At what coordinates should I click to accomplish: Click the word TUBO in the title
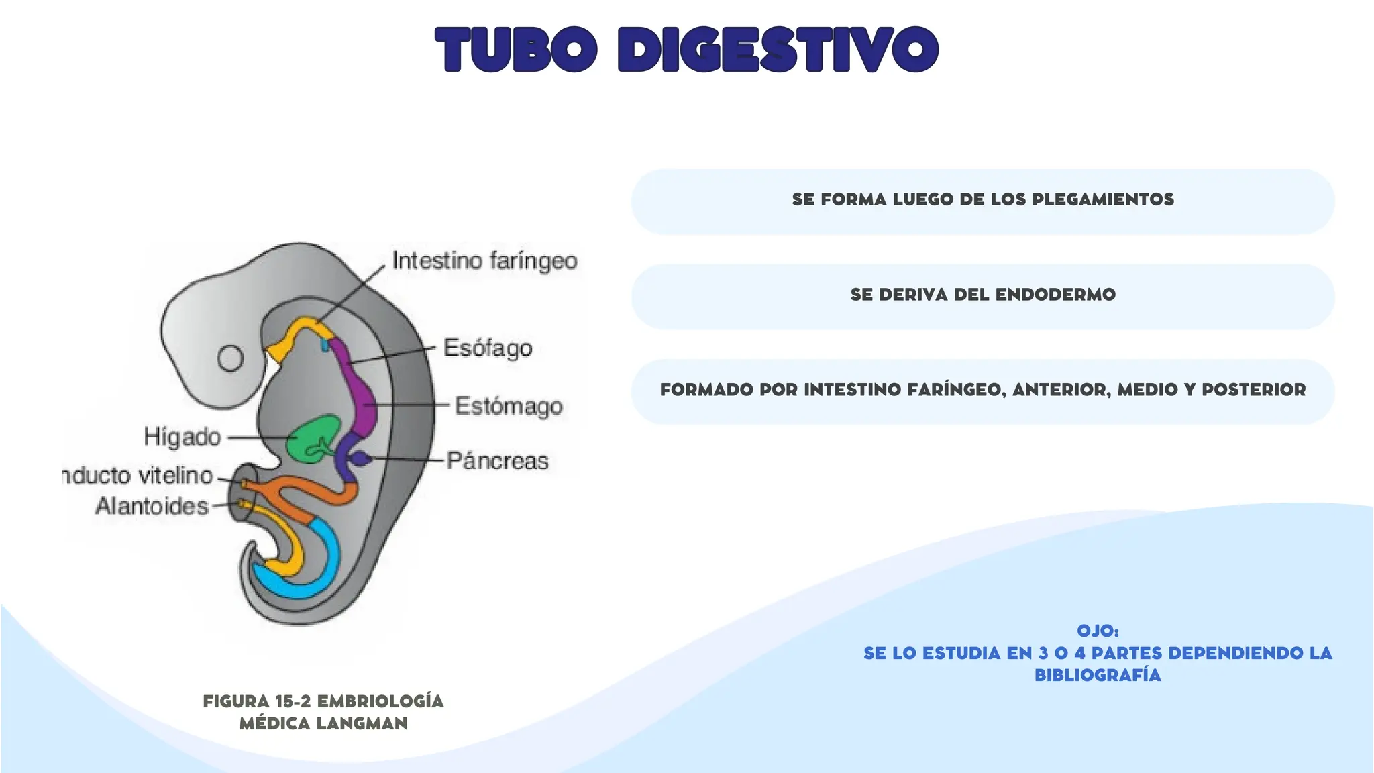(x=516, y=50)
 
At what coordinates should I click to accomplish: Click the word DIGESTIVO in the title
(x=778, y=50)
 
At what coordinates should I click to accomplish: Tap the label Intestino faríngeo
(x=484, y=260)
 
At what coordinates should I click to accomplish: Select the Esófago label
(x=488, y=348)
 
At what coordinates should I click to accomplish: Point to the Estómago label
(x=509, y=406)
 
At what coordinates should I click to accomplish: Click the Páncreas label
(x=498, y=461)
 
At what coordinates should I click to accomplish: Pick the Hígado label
(x=182, y=437)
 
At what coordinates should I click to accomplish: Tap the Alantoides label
(x=152, y=505)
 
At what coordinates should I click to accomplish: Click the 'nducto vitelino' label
(x=138, y=476)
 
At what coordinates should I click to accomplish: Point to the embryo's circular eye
(x=230, y=358)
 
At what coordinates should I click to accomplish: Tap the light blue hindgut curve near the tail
(x=315, y=570)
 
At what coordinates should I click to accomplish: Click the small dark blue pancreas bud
(x=361, y=458)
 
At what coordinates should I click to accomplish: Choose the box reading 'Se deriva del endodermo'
(x=982, y=296)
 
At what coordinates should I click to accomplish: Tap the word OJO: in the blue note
(x=1098, y=631)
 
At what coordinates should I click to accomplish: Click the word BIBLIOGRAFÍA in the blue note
(x=1098, y=675)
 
